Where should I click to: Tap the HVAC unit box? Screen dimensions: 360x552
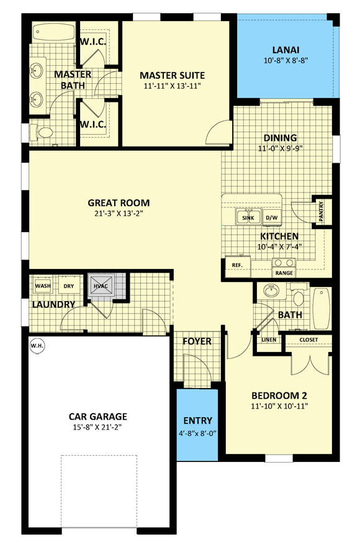tap(101, 286)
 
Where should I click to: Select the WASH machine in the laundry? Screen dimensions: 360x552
tap(43, 286)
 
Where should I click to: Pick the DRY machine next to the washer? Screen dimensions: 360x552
tap(69, 286)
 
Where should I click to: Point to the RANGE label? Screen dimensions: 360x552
tap(284, 273)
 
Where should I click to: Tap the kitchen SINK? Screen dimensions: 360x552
tap(248, 217)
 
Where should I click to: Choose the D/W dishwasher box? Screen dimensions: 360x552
tap(272, 217)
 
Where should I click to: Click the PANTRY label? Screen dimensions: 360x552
tap(321, 211)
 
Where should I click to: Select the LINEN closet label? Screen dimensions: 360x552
tap(269, 340)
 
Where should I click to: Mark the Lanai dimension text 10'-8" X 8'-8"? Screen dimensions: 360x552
tap(286, 60)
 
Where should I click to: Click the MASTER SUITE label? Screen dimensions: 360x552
tap(172, 75)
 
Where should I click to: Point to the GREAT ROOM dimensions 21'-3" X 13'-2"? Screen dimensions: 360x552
tap(119, 213)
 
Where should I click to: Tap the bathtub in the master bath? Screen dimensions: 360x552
tap(53, 33)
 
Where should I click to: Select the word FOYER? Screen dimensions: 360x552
tap(197, 341)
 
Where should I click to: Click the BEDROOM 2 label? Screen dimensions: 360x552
tap(279, 396)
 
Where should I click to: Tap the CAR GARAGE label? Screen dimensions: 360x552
tap(98, 417)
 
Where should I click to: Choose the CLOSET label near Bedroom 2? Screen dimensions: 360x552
tap(308, 340)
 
